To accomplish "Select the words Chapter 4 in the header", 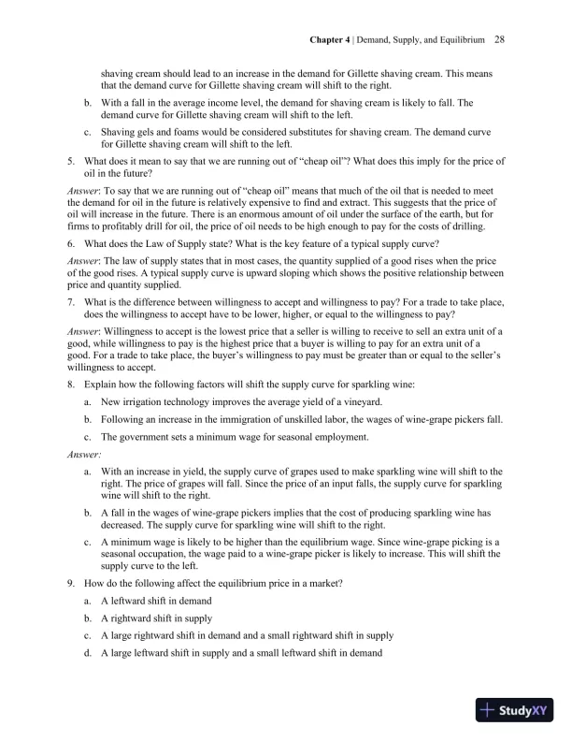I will pos(330,40).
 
